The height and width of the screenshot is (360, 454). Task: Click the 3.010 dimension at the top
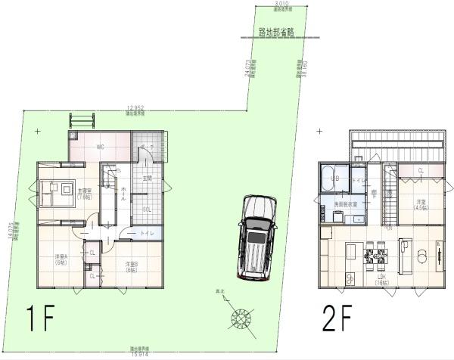[x=278, y=5]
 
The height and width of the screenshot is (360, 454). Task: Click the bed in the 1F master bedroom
[x=53, y=193]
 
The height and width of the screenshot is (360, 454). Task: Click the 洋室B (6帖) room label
[x=132, y=265]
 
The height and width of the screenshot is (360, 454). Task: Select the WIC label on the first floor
[x=100, y=146]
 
